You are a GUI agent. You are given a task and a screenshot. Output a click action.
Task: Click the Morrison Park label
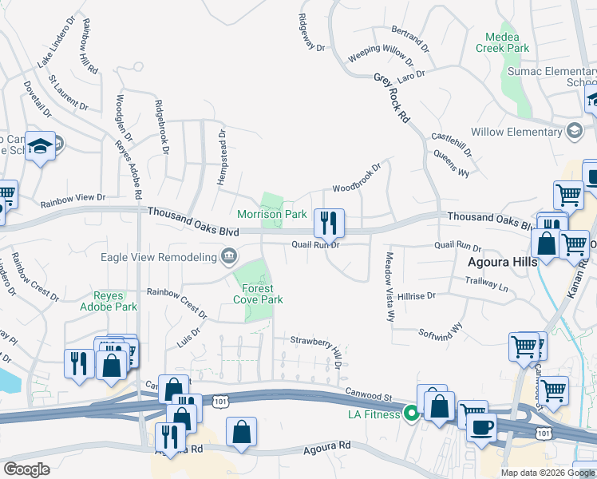coord(272,214)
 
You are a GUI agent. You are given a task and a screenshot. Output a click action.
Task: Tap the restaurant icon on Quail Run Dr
coord(329,223)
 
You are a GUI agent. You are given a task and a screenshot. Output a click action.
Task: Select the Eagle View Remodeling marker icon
coord(229,256)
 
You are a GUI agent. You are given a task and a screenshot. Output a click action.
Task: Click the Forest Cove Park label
coord(259,294)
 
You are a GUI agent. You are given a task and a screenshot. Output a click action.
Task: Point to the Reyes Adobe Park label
coord(109,301)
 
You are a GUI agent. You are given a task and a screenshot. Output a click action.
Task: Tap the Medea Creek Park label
coord(503,43)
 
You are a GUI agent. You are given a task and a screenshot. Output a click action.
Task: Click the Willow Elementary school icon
coord(574,131)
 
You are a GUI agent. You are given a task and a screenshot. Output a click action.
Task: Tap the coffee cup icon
coord(480,427)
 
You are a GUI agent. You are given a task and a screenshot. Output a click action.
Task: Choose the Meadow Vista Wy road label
coord(390,287)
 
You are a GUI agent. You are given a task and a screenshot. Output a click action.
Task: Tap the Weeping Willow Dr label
coord(382,59)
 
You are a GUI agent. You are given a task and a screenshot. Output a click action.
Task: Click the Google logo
coord(26,469)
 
